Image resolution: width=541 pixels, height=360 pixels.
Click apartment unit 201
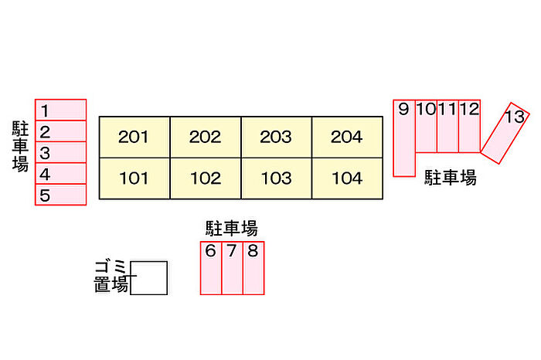134,138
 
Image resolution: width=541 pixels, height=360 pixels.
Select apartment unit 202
205,138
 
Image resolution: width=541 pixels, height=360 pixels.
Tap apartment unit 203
276,138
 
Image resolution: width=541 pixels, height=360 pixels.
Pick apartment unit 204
346,138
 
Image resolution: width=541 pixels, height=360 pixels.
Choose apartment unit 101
134,178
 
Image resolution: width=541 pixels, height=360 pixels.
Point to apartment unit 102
205,178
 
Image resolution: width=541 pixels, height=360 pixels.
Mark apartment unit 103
276,178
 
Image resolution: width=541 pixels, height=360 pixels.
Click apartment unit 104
346,178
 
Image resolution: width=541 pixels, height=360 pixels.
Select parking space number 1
60,110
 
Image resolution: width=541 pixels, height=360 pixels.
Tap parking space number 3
60,152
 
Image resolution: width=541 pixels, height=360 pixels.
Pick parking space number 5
60,195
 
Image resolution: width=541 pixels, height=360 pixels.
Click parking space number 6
211,267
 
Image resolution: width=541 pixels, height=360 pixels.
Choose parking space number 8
253,267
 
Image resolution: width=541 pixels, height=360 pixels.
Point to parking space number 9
403,138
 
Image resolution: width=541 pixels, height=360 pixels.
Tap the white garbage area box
149,278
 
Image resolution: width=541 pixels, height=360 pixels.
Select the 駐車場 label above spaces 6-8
231,228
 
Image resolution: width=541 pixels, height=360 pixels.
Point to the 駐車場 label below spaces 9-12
451,178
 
